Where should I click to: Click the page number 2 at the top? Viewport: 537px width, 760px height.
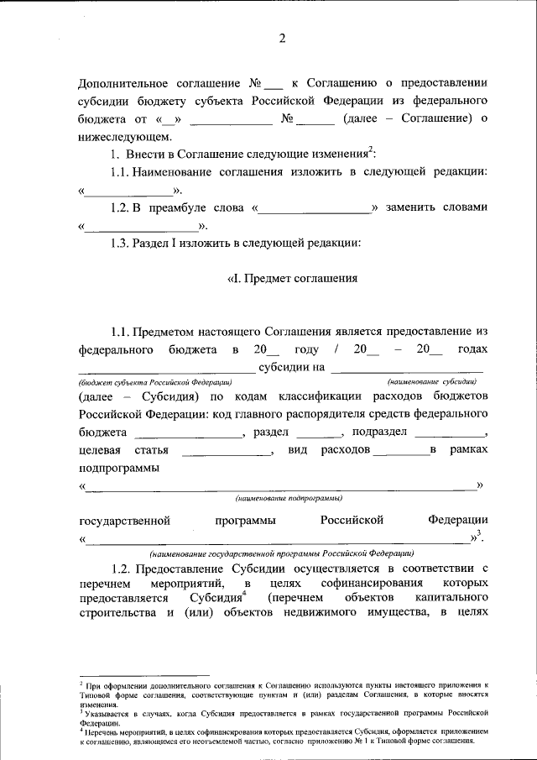283,38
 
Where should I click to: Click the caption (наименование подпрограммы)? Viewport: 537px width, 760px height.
282,498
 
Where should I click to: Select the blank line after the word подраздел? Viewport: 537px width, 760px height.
451,433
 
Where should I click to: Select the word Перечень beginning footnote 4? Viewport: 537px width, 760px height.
102,731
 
